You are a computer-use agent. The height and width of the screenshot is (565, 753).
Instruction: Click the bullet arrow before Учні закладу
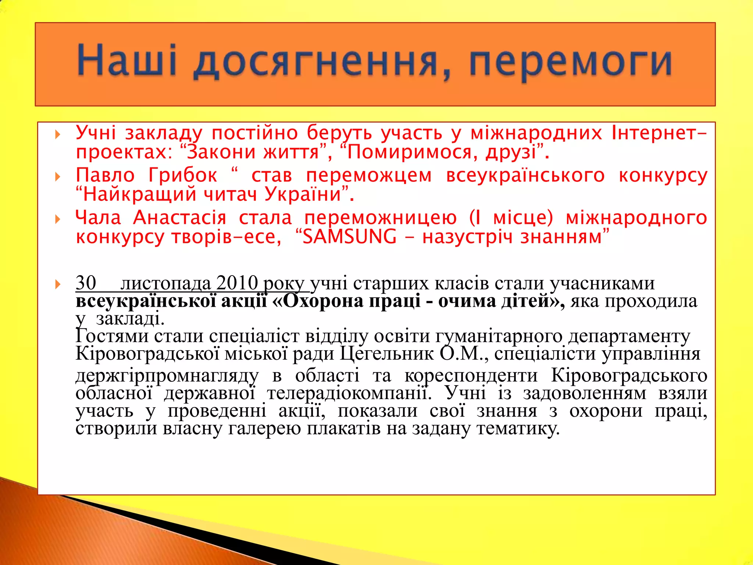pyautogui.click(x=57, y=134)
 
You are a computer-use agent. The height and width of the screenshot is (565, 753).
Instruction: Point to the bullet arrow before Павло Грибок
pyautogui.click(x=57, y=177)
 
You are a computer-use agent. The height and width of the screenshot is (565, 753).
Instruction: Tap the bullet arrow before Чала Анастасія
pyautogui.click(x=57, y=220)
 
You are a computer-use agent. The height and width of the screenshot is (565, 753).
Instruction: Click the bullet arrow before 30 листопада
pyautogui.click(x=57, y=284)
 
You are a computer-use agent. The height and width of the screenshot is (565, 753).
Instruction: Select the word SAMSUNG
pyautogui.click(x=349, y=237)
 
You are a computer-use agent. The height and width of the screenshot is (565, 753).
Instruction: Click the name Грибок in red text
pyautogui.click(x=183, y=175)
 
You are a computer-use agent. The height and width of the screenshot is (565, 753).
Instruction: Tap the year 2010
pyautogui.click(x=237, y=283)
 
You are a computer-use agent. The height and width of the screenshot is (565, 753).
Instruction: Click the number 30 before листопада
pyautogui.click(x=86, y=283)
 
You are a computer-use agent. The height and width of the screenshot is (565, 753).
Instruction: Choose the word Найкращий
pyautogui.click(x=139, y=194)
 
